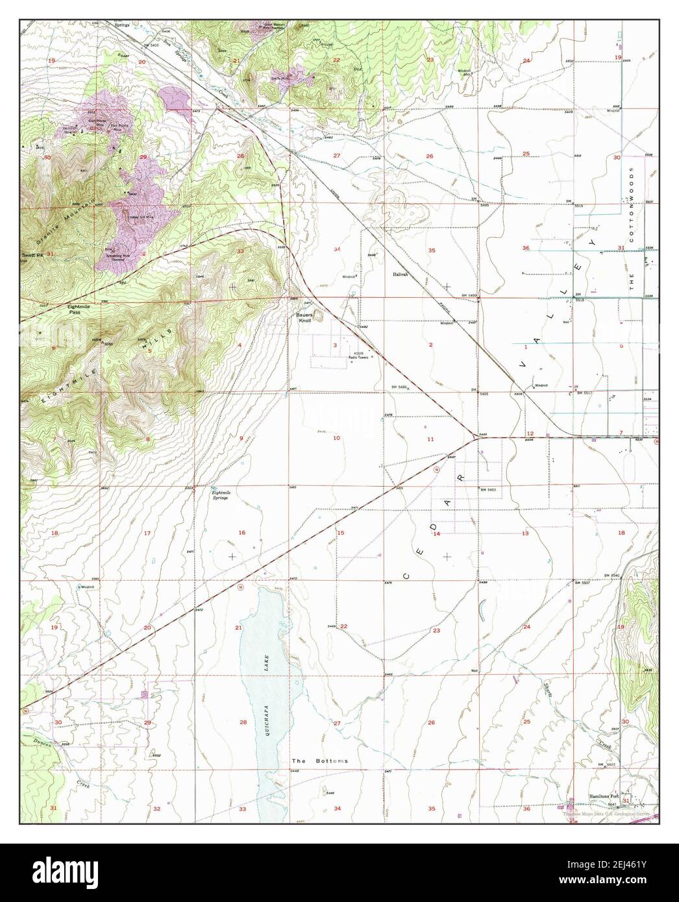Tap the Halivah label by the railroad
pos(400,274)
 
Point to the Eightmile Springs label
pos(222,494)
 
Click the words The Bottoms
pos(319,761)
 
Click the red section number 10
pos(336,438)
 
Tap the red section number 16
pos(241,533)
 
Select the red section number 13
pos(525,533)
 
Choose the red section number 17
pos(147,533)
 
